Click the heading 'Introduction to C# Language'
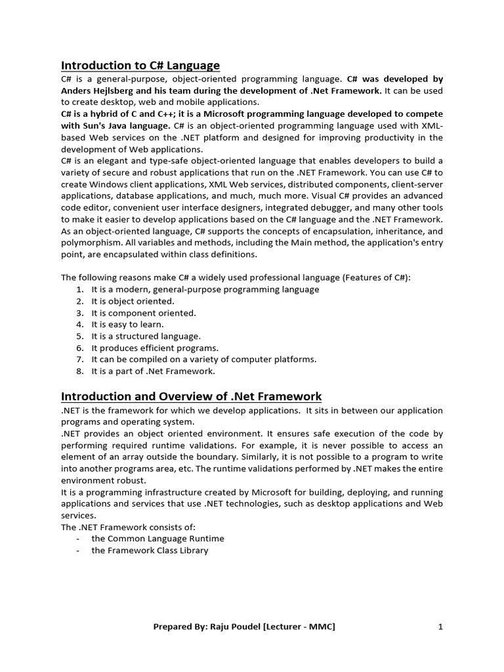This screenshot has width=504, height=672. [140, 65]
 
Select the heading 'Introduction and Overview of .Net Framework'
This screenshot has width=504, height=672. [192, 396]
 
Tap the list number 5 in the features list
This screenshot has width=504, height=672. [79, 337]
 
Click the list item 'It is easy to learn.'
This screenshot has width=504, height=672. [127, 325]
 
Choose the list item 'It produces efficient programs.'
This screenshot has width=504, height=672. [155, 348]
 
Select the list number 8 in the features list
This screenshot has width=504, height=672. [79, 371]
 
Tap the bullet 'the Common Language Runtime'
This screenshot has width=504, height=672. [157, 539]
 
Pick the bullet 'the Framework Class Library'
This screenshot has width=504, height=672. [150, 551]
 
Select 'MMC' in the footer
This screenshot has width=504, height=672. [320, 627]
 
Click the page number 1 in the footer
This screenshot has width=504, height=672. [440, 627]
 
